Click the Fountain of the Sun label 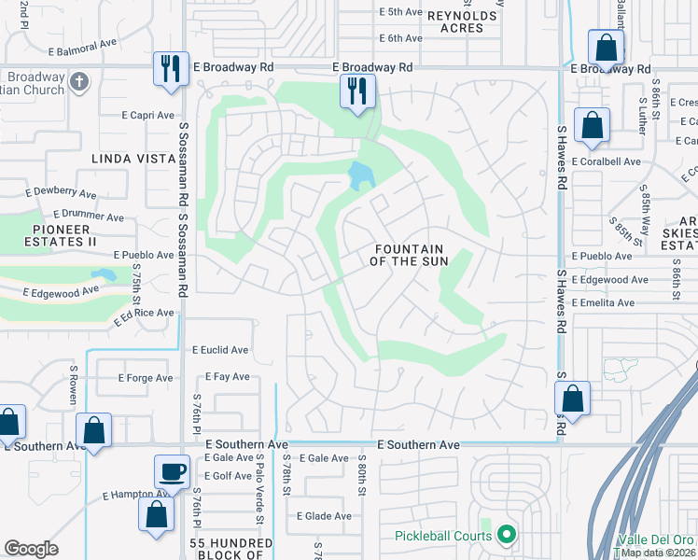pos(411,255)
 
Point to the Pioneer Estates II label pos(52,234)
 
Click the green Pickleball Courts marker pos(507,535)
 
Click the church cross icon pos(79,81)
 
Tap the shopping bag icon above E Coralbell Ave pos(592,124)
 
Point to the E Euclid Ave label pos(220,350)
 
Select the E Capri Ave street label pos(147,116)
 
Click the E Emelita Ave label pos(603,302)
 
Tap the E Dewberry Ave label pos(63,195)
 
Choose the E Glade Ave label pos(324,516)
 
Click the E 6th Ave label pos(401,38)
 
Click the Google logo pos(31,549)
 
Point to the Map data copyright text pos(658,553)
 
